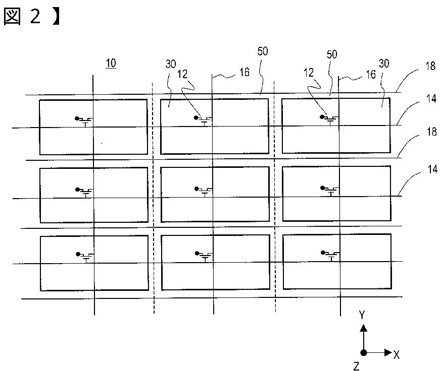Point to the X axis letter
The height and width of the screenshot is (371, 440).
(397, 355)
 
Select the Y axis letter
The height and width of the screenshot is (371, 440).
(362, 315)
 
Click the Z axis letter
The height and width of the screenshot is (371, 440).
(357, 366)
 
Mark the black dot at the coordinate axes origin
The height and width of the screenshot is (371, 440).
(363, 352)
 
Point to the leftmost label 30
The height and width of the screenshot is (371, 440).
(171, 65)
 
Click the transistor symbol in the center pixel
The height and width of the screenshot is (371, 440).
(204, 191)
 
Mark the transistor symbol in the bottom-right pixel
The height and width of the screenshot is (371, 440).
(331, 256)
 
